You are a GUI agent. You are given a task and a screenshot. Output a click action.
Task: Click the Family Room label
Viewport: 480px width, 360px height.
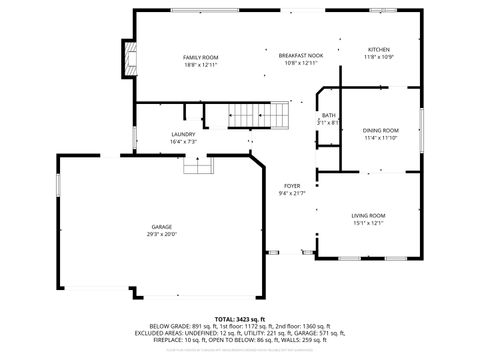[x=200, y=57]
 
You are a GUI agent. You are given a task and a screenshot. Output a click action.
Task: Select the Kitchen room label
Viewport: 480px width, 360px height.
[x=378, y=50]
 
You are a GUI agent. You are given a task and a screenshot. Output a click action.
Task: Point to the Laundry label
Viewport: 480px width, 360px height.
[x=182, y=134]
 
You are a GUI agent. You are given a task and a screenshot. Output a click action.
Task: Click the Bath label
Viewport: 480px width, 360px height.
[x=328, y=116]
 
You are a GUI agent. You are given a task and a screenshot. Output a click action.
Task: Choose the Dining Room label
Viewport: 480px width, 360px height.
[x=380, y=130]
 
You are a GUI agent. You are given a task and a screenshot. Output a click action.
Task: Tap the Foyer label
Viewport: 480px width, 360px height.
[x=291, y=186]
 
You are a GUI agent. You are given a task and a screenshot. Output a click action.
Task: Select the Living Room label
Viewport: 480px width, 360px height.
[x=368, y=216]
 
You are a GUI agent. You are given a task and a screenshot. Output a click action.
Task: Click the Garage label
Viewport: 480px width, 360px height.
[x=162, y=227]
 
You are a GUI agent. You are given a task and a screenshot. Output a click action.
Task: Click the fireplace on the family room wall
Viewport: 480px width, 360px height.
[x=127, y=61]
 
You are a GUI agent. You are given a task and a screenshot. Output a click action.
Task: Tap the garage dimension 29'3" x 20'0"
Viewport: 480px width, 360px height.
[x=162, y=235]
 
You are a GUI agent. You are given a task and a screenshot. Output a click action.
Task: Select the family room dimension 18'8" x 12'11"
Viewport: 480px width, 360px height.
[x=200, y=65]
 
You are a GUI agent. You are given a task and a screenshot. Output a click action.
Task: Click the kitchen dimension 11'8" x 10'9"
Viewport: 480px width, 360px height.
[x=378, y=58]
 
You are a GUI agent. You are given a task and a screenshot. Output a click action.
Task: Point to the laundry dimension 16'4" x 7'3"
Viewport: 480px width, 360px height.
[x=182, y=142]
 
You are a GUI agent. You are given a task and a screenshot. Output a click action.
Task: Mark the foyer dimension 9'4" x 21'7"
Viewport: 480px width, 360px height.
[x=291, y=194]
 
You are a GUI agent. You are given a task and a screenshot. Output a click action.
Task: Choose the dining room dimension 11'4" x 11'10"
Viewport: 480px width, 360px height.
[x=380, y=138]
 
